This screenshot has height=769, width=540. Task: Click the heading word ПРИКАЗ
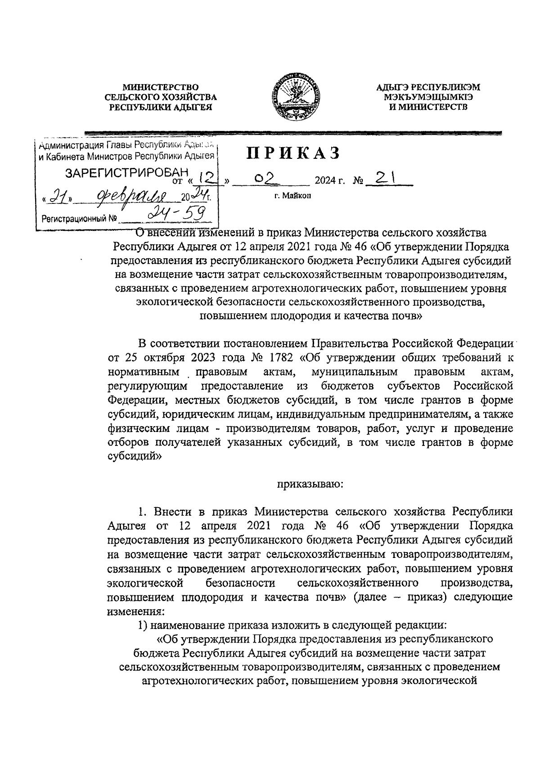point(292,153)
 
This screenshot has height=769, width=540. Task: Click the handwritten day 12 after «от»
point(206,179)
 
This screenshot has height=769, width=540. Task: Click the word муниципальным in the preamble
point(354,372)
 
